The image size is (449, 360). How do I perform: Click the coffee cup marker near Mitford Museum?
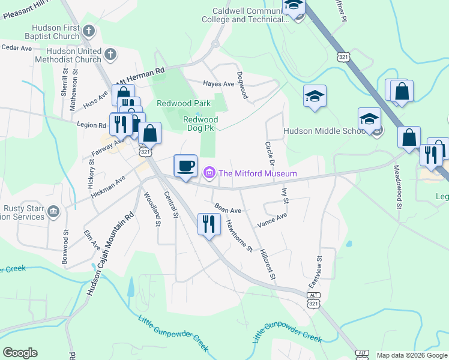point(185,165)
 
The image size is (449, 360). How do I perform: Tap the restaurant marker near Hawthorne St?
point(209,224)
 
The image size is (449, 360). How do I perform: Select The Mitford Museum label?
point(258,174)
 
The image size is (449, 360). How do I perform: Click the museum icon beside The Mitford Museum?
point(209,174)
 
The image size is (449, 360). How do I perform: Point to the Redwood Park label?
point(184,103)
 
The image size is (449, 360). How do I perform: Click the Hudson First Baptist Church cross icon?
point(89,31)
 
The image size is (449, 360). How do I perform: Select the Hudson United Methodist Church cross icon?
point(110,55)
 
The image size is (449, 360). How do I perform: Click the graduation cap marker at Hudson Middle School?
point(370,118)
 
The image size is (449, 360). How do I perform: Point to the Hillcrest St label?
point(267,264)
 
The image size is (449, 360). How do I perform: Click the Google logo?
point(20,353)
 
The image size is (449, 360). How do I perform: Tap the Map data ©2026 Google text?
point(412,355)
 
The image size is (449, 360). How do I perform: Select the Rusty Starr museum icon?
point(53,211)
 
